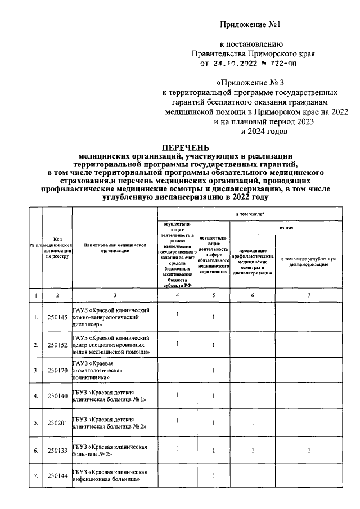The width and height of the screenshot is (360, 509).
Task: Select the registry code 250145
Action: [57, 318]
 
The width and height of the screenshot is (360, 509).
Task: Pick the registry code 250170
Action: [57, 371]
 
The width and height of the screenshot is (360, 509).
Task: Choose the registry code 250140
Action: [57, 397]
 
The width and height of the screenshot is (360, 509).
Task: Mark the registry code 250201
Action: [57, 423]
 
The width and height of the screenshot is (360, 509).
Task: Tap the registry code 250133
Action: [57, 451]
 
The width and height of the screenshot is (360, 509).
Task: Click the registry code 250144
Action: [57, 476]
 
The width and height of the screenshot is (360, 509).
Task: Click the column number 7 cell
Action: [309, 295]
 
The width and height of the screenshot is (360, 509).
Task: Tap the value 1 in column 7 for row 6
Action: [309, 450]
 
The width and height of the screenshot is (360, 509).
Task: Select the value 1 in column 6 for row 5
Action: [253, 423]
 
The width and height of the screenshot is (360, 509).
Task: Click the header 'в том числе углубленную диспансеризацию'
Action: [309, 260]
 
